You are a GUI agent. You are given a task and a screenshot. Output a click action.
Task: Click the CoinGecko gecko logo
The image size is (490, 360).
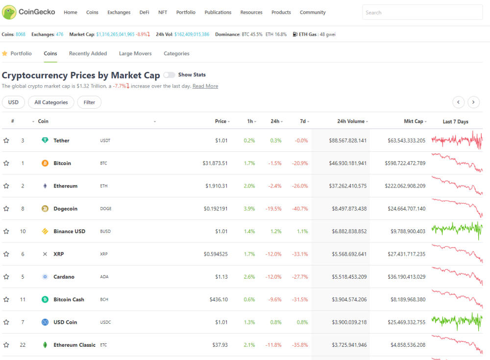coord(9,12)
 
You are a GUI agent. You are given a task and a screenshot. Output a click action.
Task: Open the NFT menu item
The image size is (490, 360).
coord(163,13)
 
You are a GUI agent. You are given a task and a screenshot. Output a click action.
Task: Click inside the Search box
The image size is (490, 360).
coord(422,13)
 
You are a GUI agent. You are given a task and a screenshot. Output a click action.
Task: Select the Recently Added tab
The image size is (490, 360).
coord(88,53)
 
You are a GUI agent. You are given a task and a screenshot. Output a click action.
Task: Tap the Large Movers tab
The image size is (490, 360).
coord(135,53)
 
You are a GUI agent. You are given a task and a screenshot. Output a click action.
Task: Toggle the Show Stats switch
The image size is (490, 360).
coord(169,75)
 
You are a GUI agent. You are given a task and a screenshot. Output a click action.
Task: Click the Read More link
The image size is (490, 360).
coord(205,86)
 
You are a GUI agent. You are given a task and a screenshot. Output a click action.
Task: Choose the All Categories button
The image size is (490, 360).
coord(51,102)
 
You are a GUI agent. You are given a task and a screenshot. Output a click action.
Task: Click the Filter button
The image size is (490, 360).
coord(89,102)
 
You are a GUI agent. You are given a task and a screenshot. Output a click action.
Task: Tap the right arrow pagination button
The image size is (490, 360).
coord(473,102)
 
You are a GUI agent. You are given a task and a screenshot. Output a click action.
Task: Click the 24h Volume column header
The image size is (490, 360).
coord(351,121)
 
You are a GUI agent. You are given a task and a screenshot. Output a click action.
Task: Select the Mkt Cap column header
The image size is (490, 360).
coord(414,121)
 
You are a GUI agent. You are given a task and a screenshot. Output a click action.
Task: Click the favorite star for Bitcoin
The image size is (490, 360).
coord(6,163)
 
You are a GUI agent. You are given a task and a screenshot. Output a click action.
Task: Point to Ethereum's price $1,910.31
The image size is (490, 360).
coord(216,186)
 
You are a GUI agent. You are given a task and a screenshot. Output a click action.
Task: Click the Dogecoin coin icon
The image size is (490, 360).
coord(45,209)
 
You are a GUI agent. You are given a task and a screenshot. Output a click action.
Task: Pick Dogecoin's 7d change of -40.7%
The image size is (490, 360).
coord(300,209)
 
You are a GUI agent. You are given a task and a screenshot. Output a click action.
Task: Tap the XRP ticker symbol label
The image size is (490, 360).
coord(104,254)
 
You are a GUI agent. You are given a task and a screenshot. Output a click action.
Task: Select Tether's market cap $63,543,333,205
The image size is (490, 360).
coord(406,141)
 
